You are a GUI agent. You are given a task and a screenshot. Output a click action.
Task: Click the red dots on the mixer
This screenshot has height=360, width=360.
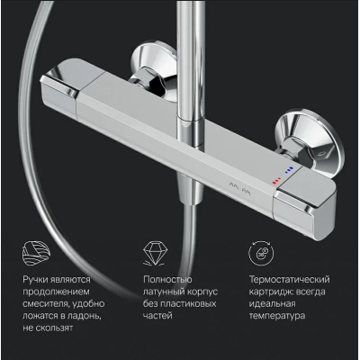276,181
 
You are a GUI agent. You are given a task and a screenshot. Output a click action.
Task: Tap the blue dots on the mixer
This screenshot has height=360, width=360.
289,170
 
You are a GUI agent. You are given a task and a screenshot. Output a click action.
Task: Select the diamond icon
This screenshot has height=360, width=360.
155,253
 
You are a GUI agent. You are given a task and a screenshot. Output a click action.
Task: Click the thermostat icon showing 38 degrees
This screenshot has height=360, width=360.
261,253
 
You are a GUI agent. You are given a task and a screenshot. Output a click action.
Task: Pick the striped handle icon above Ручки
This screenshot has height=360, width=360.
37,253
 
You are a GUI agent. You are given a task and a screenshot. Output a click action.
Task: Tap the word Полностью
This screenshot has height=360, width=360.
167,280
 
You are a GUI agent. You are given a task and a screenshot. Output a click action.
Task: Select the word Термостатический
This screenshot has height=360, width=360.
290,280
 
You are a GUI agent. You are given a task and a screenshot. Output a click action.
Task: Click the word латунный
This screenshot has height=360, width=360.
162,292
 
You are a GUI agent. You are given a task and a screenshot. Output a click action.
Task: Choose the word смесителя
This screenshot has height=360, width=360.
45,304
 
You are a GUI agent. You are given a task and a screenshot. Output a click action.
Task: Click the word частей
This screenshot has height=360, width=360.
157,316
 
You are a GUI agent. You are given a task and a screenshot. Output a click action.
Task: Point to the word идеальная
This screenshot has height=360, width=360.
272,303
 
